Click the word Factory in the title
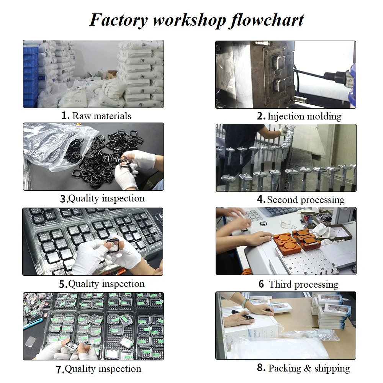[x=119, y=20]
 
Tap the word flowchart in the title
[x=267, y=20]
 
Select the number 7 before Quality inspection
[x=60, y=370]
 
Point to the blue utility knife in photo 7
[x=33, y=324]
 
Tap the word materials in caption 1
[x=113, y=116]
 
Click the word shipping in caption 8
[x=332, y=368]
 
